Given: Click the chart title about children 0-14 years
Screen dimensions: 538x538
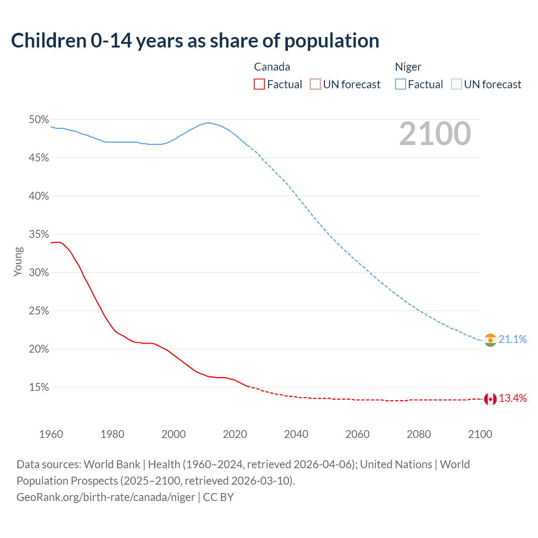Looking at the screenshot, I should [x=195, y=41].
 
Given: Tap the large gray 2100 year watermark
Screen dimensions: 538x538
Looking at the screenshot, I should [x=435, y=134].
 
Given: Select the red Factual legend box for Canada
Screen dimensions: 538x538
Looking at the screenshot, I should [x=259, y=84].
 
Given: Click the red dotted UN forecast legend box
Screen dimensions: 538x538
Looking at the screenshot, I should [x=315, y=84].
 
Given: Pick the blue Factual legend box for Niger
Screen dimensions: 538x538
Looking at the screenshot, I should [x=401, y=84].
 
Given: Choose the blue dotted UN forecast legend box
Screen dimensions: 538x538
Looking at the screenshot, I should [x=456, y=84].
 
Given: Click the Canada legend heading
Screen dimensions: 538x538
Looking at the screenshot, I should [x=272, y=67].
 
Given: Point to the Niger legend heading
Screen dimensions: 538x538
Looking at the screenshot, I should [x=408, y=67].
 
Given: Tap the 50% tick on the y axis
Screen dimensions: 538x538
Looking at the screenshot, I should [x=39, y=120].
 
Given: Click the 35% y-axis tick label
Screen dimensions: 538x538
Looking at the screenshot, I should [x=39, y=235].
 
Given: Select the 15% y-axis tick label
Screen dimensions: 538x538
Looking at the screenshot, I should [x=39, y=388].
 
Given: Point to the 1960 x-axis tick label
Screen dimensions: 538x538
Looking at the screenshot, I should [x=51, y=434].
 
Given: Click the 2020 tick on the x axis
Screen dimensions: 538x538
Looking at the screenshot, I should [x=235, y=434].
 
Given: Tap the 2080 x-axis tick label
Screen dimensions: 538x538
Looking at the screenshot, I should [x=419, y=434].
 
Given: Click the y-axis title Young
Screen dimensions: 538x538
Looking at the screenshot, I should [x=18, y=261].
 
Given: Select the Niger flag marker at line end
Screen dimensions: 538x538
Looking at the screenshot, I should [x=491, y=340].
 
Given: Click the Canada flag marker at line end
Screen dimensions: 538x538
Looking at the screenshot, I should [x=491, y=399].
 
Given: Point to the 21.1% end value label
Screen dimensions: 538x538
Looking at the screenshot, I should [x=513, y=339].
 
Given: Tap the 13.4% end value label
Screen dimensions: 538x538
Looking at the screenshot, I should [x=513, y=398].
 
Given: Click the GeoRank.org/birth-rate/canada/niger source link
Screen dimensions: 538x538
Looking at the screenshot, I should [x=105, y=497].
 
